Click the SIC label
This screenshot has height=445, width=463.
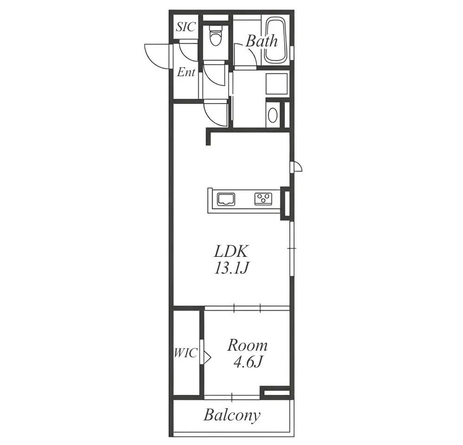[186, 27]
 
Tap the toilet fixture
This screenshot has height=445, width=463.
[215, 35]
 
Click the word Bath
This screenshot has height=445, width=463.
[262, 41]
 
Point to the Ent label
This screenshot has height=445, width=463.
[186, 72]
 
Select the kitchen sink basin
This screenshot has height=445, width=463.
[226, 199]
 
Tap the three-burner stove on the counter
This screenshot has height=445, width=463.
[264, 199]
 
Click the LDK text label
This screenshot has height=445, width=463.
[231, 251]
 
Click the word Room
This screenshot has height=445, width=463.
[247, 345]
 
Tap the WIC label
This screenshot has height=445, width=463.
[186, 353]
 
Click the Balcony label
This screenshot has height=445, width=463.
[232, 415]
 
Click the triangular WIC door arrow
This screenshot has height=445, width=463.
[207, 357]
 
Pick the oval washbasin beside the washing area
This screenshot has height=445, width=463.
[272, 115]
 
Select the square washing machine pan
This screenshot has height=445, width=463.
[277, 84]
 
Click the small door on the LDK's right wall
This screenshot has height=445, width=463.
[296, 166]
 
